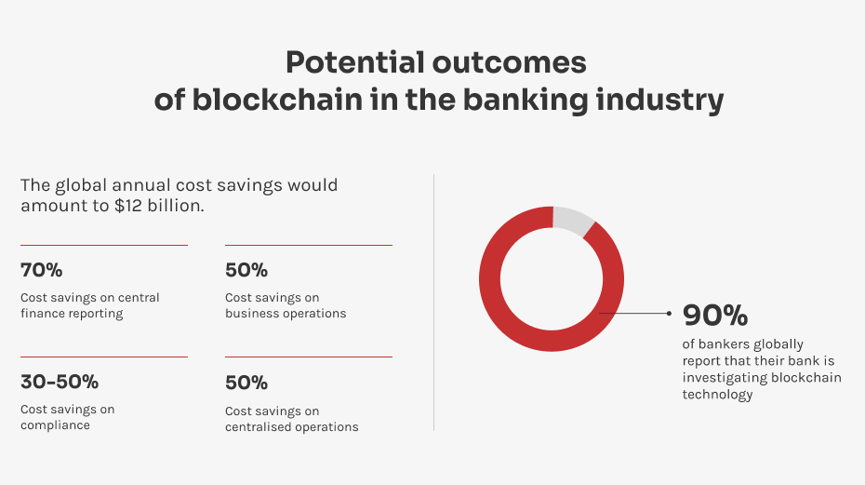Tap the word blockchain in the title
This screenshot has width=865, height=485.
[x=277, y=101]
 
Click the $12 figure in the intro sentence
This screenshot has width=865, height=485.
[x=127, y=206]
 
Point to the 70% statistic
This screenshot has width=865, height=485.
[x=41, y=270]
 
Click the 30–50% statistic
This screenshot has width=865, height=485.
[x=60, y=382]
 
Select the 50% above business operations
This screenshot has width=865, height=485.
[x=246, y=270]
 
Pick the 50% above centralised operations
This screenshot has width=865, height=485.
[x=246, y=383]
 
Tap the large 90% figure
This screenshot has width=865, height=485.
[x=715, y=315]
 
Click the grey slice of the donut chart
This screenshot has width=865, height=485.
[x=573, y=220]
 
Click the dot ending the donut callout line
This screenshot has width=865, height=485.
[x=669, y=313]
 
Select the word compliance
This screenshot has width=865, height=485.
[x=55, y=425]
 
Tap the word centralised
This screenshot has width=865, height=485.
[x=258, y=427]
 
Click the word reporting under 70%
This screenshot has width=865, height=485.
[x=100, y=314]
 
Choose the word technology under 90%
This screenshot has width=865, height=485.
[x=717, y=395]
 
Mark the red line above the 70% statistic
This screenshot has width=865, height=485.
[x=104, y=245]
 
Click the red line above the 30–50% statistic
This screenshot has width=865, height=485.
[x=104, y=357]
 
